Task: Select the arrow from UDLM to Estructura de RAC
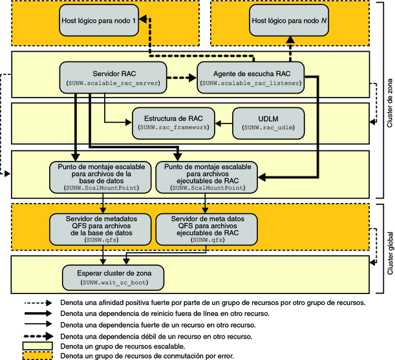[x=223, y=120]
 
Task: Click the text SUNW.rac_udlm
[x=268, y=129]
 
